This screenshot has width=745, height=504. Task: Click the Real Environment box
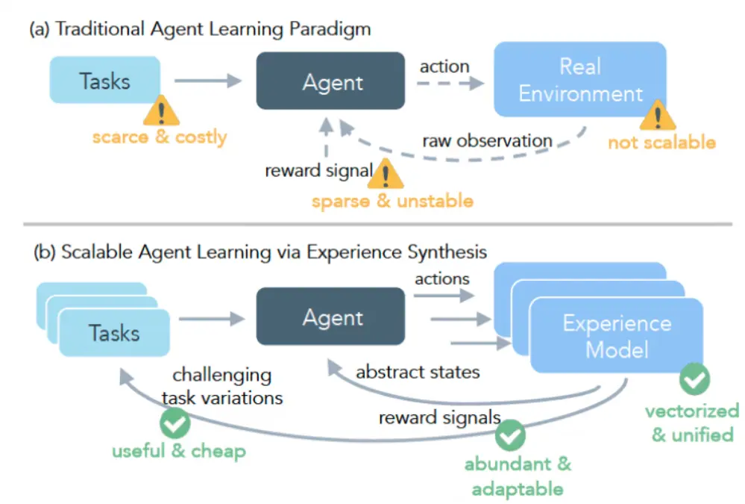click(579, 79)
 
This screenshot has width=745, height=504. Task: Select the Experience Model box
click(616, 336)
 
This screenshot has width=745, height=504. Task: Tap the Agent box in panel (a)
click(332, 82)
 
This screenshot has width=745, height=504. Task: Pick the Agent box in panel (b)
click(332, 318)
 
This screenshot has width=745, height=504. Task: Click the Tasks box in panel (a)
click(104, 80)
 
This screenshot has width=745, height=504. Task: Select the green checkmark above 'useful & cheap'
click(175, 423)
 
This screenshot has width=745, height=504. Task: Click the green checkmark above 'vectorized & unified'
click(694, 380)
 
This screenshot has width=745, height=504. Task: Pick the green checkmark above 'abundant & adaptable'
click(511, 433)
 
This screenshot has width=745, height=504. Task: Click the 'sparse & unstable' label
click(392, 201)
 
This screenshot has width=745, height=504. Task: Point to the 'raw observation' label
click(487, 140)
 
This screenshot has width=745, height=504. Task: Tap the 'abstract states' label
click(418, 371)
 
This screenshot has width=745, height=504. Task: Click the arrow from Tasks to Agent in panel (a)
click(207, 81)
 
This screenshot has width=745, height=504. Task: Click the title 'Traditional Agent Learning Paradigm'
click(213, 30)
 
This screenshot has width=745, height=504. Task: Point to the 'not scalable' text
click(661, 142)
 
